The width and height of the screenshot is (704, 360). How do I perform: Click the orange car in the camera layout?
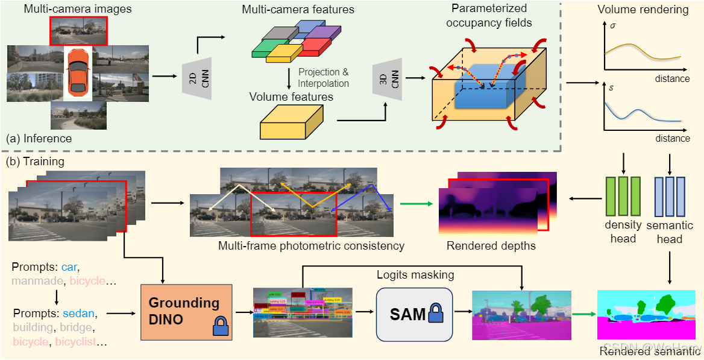click(78, 71)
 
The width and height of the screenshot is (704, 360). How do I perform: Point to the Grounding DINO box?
click(184, 311)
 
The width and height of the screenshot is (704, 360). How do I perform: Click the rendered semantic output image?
click(649, 314)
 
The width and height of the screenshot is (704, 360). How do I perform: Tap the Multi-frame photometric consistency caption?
click(312, 245)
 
